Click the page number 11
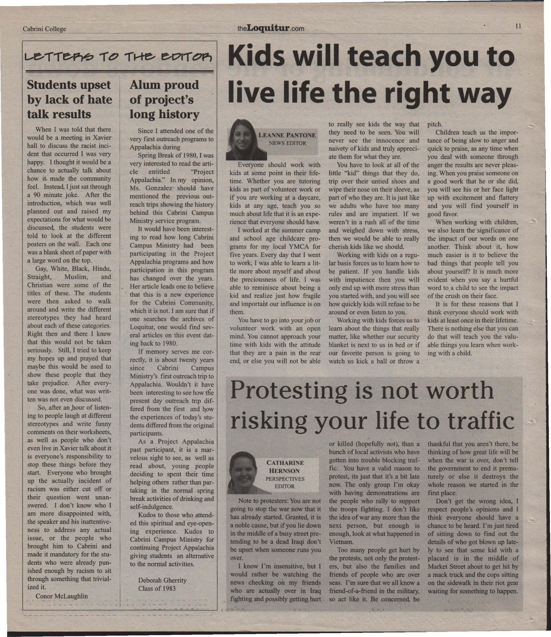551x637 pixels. click(x=518, y=26)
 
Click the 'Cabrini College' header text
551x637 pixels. click(x=44, y=29)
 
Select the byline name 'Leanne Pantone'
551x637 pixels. click(x=287, y=135)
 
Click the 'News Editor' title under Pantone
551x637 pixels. click(x=287, y=143)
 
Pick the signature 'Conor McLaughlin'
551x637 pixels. click(x=61, y=596)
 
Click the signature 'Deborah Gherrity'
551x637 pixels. click(x=162, y=580)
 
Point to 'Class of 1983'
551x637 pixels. click(x=157, y=588)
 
